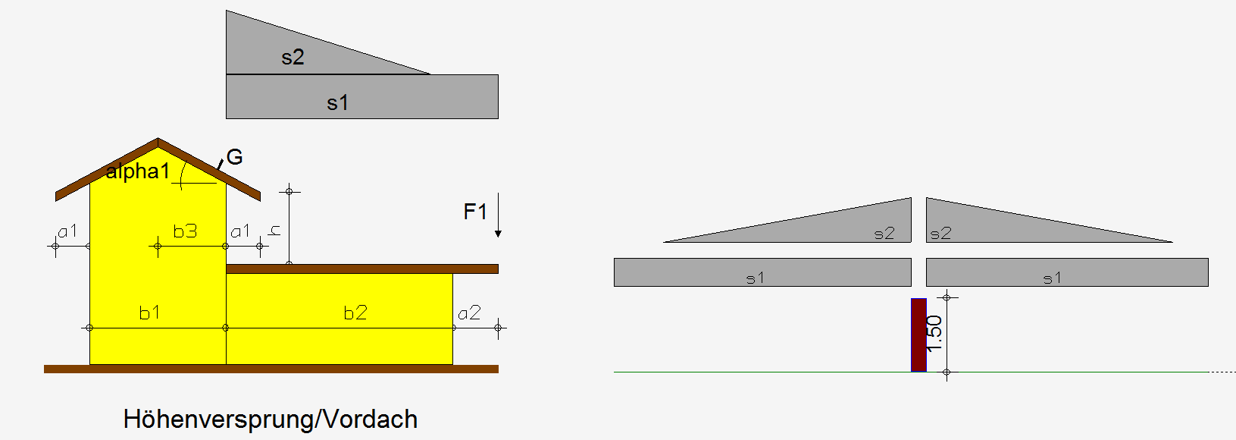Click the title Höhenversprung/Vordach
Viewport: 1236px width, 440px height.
pos(271,420)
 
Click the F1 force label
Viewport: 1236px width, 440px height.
pos(475,212)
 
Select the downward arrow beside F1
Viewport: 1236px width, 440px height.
pos(498,215)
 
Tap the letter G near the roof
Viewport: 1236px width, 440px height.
pos(234,157)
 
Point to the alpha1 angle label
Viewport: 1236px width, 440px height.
pos(138,171)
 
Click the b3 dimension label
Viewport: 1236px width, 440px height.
pos(185,231)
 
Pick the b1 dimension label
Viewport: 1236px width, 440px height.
pos(149,313)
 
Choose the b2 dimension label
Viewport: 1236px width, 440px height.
pos(355,313)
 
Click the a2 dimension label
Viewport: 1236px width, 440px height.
pos(469,313)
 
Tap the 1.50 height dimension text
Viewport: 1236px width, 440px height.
pos(934,334)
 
